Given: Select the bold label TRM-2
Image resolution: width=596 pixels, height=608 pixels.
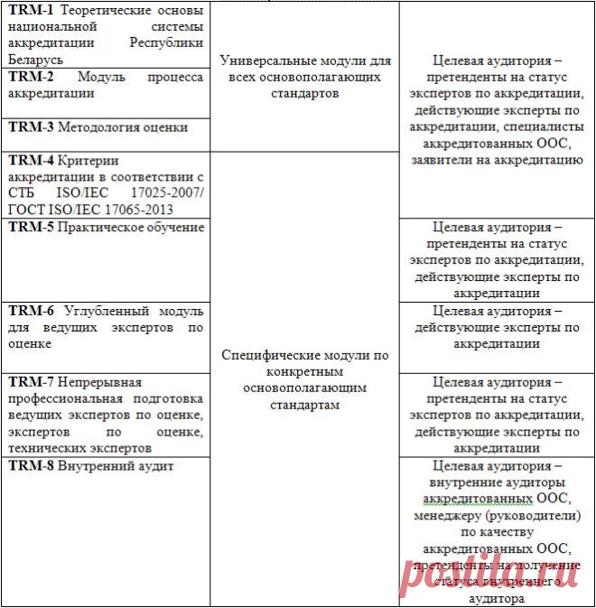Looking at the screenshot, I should (31, 78).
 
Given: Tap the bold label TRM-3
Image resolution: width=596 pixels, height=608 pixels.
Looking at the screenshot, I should (31, 127).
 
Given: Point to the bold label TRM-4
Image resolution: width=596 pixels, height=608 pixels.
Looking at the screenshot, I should (31, 160).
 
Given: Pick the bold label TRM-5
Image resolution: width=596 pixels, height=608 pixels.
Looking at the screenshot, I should (31, 227).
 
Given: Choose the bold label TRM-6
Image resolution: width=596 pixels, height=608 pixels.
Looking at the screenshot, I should (31, 310).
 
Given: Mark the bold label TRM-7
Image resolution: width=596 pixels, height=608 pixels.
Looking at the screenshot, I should (31, 382).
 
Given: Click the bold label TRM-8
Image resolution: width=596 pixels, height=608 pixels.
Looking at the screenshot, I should (31, 465).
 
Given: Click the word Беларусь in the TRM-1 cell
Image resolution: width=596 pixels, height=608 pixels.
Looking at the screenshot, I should (34, 58).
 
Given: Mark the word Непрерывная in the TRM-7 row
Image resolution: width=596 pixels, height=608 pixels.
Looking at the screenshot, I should (100, 382).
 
